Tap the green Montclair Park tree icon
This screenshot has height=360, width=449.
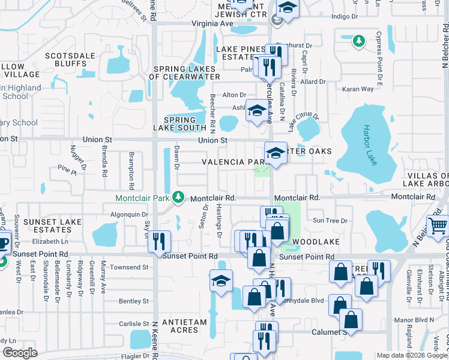tap(178, 197)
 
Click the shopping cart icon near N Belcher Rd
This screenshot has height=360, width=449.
tap(438, 227)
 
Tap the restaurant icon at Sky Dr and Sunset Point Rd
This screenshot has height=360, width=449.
tap(159, 241)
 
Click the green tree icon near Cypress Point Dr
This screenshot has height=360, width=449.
tap(359, 41)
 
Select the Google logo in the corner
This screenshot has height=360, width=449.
tap(19, 352)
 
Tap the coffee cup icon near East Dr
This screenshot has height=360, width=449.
tap(3, 244)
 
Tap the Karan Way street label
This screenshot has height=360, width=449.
tap(358, 89)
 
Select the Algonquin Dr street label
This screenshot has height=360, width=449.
tap(129, 214)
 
